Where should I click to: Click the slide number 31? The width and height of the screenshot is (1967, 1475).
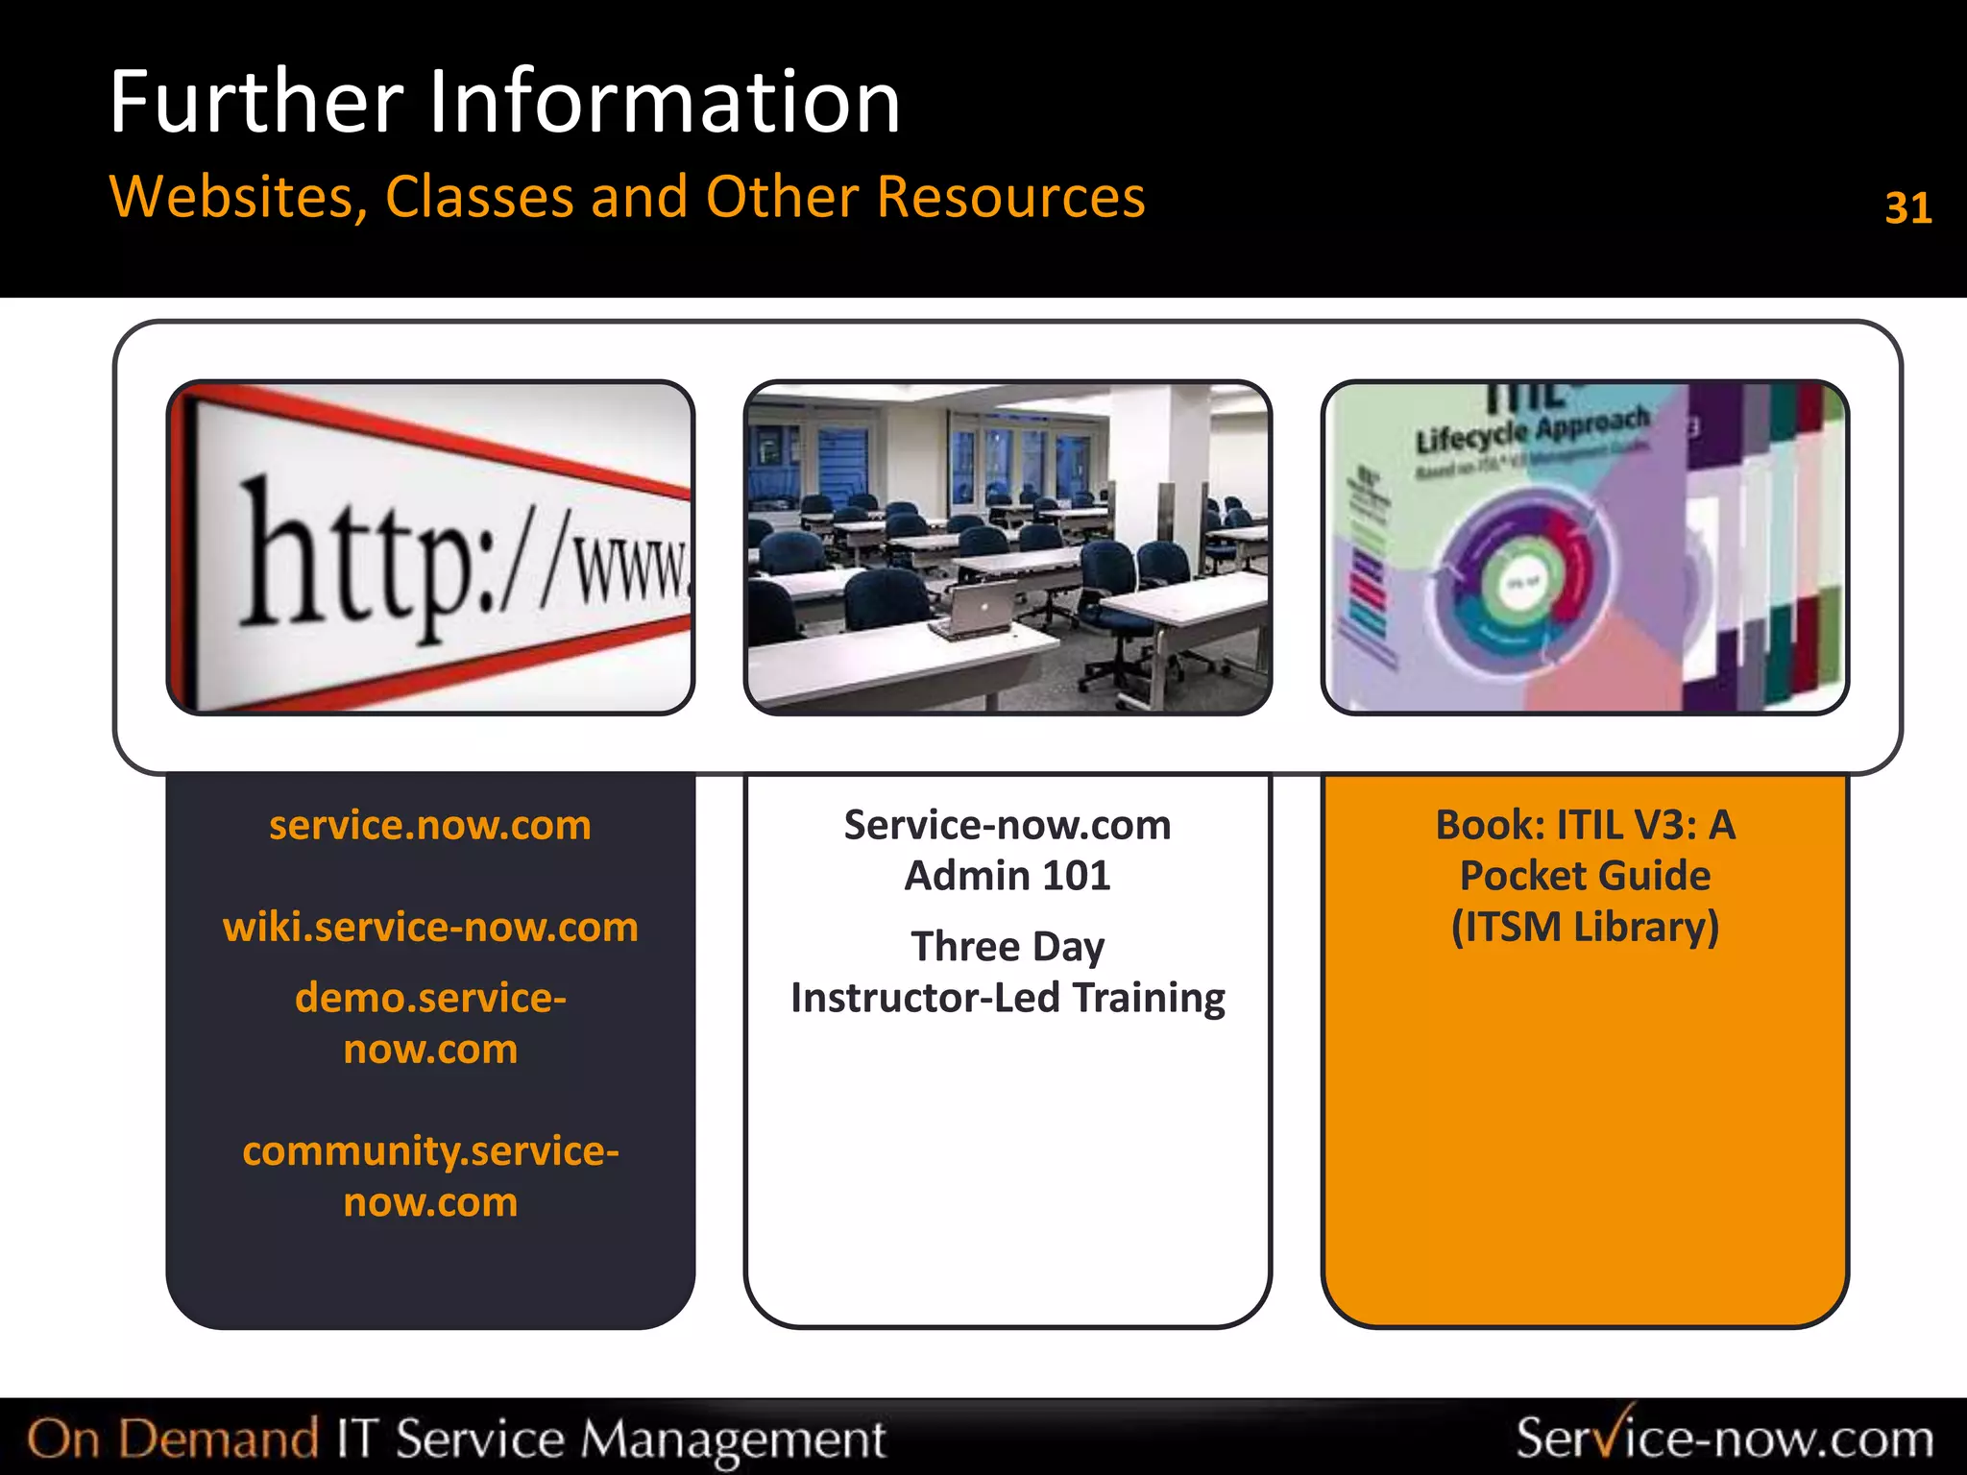pos(1907,208)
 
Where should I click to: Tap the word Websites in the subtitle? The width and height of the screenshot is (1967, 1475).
pos(237,197)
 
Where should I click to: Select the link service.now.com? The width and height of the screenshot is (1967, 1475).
pos(430,825)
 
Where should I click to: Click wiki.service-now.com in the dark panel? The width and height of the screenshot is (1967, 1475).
pos(430,927)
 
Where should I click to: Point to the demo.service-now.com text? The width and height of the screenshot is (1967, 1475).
pos(430,1023)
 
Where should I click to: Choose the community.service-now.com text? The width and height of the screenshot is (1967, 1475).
pos(430,1175)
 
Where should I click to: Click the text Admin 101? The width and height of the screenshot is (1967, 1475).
pos(1007,876)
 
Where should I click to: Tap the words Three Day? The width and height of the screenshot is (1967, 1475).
pos(1007,946)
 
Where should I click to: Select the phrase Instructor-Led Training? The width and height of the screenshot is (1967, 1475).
pos(1007,998)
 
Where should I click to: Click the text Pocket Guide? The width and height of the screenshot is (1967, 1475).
pos(1585,876)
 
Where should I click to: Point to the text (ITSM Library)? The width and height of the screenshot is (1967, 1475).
pos(1585,927)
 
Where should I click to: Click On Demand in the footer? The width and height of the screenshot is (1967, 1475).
pos(173,1439)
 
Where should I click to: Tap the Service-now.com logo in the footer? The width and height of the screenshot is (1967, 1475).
pos(1724,1438)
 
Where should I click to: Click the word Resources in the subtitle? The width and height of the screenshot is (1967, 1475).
pos(1010,197)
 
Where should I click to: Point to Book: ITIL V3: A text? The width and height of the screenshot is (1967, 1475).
pos(1585,825)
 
